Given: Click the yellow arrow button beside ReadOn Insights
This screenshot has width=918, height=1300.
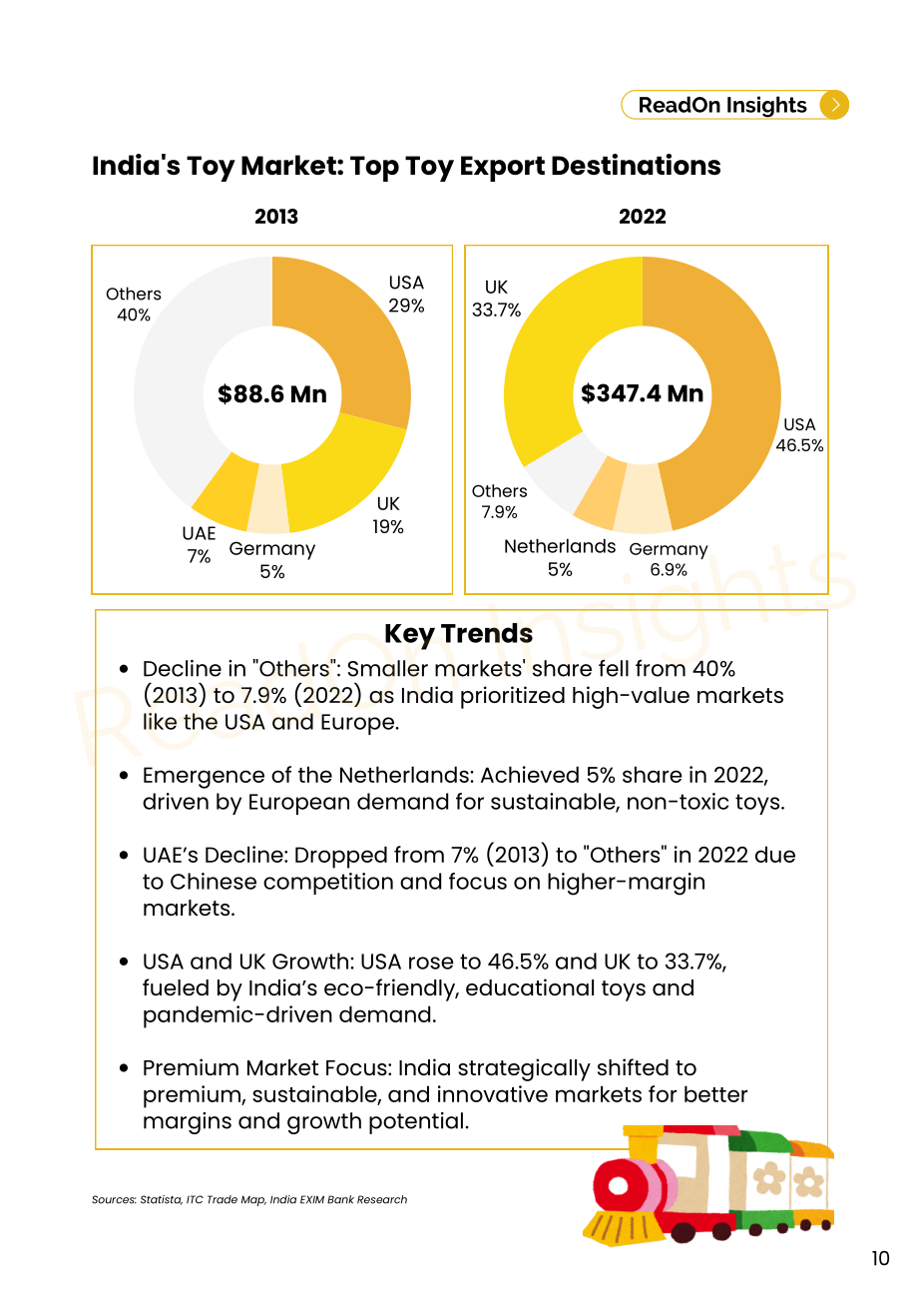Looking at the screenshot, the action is pos(833,105).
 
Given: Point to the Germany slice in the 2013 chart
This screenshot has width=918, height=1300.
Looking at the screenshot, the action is pos(268,499).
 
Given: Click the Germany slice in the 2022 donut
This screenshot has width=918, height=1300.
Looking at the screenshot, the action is pos(643,499).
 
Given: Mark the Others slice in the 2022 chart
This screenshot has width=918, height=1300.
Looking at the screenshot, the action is pos(560,473).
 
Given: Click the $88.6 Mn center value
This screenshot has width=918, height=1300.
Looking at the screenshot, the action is pos(272,394).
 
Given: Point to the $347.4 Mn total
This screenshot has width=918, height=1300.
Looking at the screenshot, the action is pos(642,393).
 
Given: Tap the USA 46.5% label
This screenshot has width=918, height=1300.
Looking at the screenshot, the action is pos(799,434).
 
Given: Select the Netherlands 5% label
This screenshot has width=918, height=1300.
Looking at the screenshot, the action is pos(560,558).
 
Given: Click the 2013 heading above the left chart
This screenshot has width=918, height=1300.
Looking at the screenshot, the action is pos(276,217).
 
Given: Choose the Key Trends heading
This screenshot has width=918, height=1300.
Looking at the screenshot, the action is pos(458,634).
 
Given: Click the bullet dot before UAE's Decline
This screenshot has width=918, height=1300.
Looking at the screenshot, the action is pos(124,856).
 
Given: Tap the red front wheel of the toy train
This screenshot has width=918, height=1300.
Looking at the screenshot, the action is pos(619,1185).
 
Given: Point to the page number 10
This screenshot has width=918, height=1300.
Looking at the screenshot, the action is pos(880,1258).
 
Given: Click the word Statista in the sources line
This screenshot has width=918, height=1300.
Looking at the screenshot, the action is pos(161,1199).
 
